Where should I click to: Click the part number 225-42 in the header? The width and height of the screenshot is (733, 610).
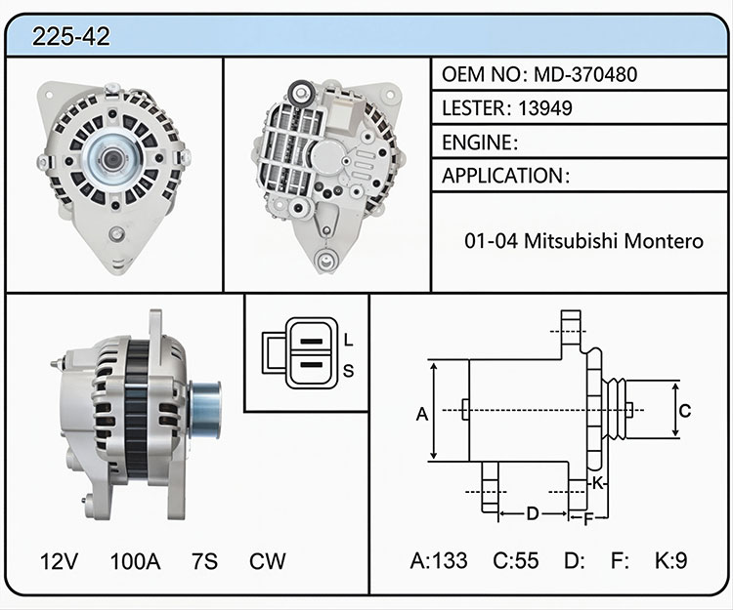pyautogui.click(x=71, y=36)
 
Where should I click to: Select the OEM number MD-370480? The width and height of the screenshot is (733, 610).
pyautogui.click(x=585, y=75)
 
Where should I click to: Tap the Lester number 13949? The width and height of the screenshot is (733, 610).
pyautogui.click(x=545, y=108)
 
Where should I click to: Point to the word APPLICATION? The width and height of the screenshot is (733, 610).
pyautogui.click(x=502, y=176)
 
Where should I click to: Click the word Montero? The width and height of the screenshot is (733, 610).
pyautogui.click(x=664, y=241)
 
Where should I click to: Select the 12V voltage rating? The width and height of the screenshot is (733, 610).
pyautogui.click(x=59, y=561)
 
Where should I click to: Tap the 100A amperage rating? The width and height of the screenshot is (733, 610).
pyautogui.click(x=135, y=561)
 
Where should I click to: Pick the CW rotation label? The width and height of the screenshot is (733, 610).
pyautogui.click(x=267, y=561)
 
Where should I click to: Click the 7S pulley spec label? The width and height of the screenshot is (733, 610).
pyautogui.click(x=204, y=561)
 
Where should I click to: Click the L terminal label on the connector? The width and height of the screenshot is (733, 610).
pyautogui.click(x=348, y=340)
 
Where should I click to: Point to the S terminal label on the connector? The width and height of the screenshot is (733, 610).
pyautogui.click(x=348, y=371)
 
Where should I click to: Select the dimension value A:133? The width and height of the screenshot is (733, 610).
pyautogui.click(x=439, y=560)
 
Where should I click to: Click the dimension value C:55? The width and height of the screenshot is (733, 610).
pyautogui.click(x=516, y=560)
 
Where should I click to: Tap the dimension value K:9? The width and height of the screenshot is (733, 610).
pyautogui.click(x=670, y=560)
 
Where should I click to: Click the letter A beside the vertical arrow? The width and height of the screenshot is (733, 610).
pyautogui.click(x=422, y=414)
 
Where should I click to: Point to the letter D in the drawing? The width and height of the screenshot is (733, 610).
pyautogui.click(x=533, y=513)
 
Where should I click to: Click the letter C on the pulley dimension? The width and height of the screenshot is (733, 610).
pyautogui.click(x=685, y=411)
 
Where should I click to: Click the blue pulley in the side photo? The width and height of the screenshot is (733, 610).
pyautogui.click(x=205, y=410)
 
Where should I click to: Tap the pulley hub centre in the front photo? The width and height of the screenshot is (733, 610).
pyautogui.click(x=112, y=159)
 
